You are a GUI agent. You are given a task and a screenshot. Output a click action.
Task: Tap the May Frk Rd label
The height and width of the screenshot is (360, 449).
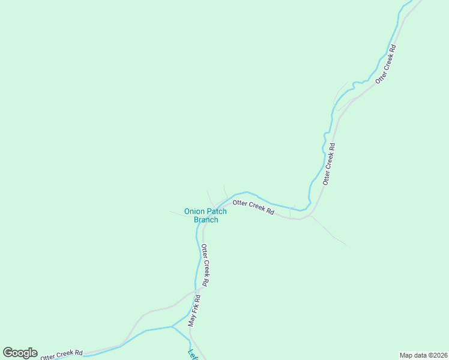(193, 310)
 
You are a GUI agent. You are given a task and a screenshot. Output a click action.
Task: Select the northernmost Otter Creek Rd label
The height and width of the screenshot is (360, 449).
(385, 64)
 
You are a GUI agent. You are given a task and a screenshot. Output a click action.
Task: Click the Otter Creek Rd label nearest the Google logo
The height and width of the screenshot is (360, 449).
(61, 355)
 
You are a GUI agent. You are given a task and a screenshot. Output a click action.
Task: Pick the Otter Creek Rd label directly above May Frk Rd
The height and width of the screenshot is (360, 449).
(205, 265)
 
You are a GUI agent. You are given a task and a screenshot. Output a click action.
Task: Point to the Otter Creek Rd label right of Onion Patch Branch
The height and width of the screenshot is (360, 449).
(253, 208)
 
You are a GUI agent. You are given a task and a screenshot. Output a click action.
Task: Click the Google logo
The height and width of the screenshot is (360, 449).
(20, 353)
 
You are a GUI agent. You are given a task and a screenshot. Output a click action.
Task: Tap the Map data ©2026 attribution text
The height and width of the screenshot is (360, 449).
(423, 355)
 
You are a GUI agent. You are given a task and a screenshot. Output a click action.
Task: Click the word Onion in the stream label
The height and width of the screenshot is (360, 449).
(194, 211)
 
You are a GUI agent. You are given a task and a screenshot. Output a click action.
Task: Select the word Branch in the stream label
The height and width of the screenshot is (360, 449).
(206, 220)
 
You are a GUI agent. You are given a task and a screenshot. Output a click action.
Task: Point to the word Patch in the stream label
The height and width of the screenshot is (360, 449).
(217, 211)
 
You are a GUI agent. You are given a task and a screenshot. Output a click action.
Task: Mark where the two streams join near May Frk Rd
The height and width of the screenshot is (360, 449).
(172, 327)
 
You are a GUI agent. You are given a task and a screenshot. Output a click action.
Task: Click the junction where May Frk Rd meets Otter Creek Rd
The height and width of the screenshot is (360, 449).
(198, 292)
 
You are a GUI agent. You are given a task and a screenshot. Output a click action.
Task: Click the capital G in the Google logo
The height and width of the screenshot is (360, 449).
(8, 353)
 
